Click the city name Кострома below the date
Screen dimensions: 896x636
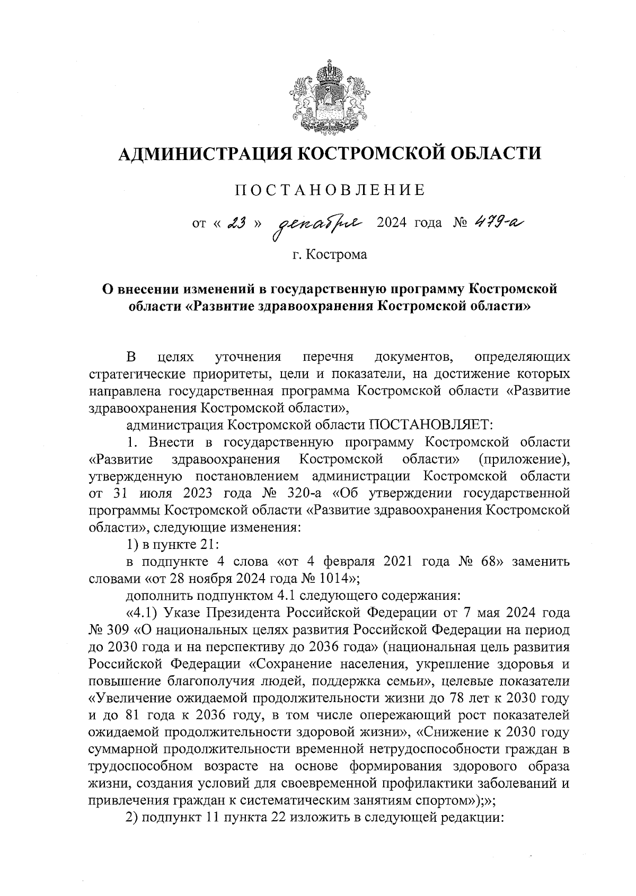[x=337, y=255]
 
